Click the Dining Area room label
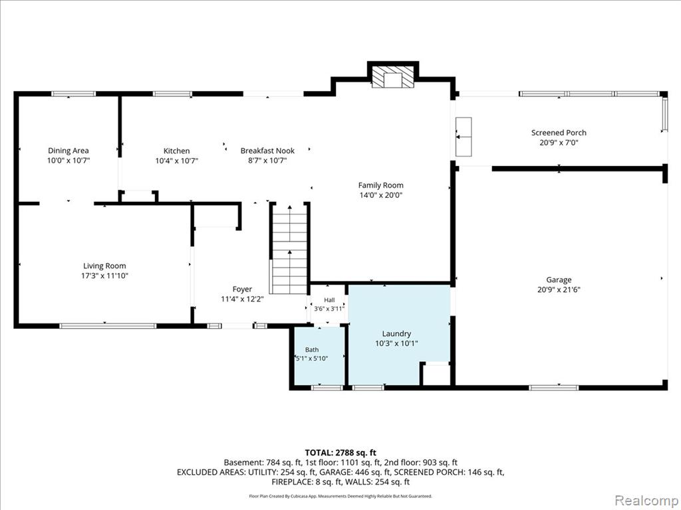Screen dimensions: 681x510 click(68, 151)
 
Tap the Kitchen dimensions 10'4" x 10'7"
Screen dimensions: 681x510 click(177, 161)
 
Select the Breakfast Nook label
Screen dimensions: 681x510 click(267, 151)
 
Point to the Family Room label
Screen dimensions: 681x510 click(381, 185)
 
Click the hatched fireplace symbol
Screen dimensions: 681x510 click(393, 77)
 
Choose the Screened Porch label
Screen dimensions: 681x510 click(559, 133)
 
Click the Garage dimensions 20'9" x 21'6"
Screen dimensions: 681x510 click(559, 290)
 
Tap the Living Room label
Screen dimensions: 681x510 click(104, 266)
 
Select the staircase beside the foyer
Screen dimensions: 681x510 click(289, 248)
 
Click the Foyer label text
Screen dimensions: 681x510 click(242, 290)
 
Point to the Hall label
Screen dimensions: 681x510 click(329, 300)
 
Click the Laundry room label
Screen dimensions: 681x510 click(396, 334)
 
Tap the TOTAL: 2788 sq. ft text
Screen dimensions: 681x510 click(340, 453)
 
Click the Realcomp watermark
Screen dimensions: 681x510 click(646, 500)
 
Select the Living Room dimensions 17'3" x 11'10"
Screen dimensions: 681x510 click(104, 276)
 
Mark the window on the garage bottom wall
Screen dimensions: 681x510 click(554, 387)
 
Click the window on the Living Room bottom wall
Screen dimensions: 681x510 click(108, 325)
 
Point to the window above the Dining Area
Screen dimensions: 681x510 click(73, 94)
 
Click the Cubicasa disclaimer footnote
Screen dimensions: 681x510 click(340, 496)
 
